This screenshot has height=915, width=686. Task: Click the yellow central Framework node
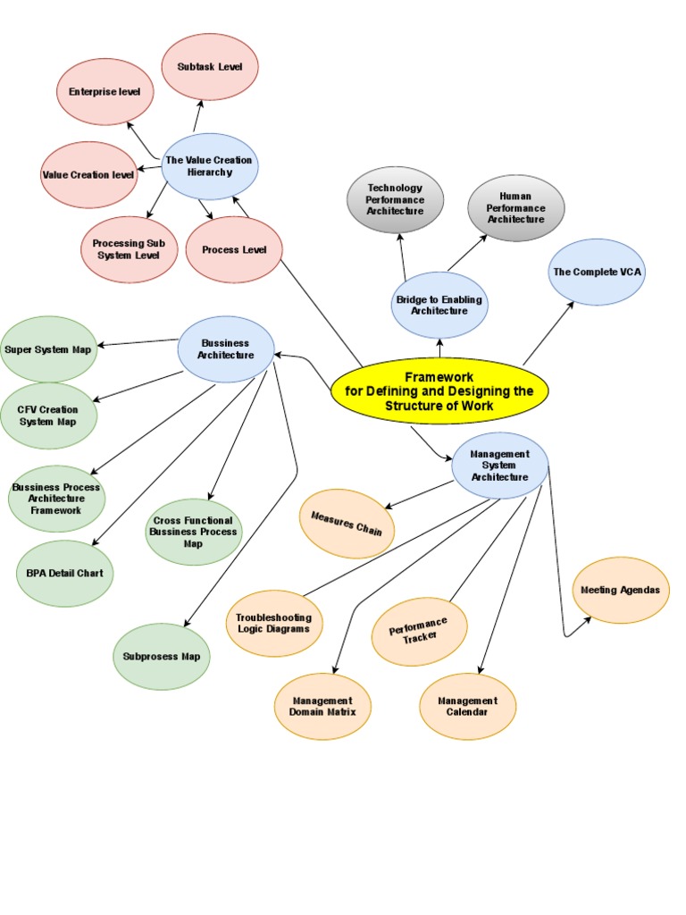(x=439, y=391)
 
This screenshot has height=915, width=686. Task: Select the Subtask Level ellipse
(x=209, y=67)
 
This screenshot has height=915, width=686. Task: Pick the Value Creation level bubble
(x=88, y=174)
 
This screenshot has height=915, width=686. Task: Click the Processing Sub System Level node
(x=129, y=248)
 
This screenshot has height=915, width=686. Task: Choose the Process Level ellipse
(x=234, y=249)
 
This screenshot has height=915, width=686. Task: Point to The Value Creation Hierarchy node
(x=209, y=166)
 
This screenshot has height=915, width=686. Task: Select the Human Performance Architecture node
(x=516, y=207)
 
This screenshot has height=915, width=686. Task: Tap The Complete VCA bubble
(x=597, y=271)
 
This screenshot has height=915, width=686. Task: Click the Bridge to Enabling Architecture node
(x=439, y=306)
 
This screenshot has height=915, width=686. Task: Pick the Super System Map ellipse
(x=48, y=348)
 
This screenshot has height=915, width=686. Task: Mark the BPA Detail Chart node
(x=64, y=573)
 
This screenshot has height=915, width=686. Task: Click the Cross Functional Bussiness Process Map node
(x=193, y=532)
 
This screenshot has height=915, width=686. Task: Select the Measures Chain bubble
(x=347, y=523)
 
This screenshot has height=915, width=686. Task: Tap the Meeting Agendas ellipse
(x=621, y=590)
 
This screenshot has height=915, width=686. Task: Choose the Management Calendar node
(x=467, y=706)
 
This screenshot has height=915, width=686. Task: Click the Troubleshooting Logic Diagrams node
(x=274, y=623)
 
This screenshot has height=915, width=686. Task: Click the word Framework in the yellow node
(x=439, y=378)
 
